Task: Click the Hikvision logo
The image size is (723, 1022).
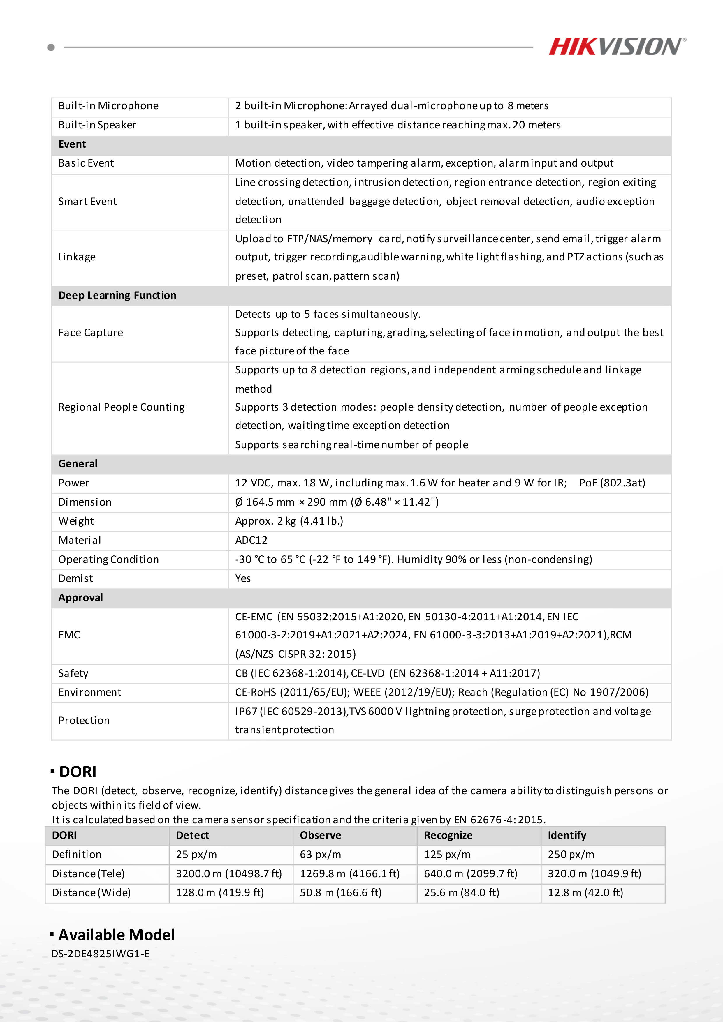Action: point(617,47)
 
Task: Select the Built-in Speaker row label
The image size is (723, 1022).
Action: point(97,125)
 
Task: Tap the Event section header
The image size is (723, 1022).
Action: point(72,144)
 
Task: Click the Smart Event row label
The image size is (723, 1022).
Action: point(87,202)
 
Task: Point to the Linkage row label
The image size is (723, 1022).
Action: point(77,257)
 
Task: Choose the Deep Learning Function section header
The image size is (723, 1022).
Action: point(117,296)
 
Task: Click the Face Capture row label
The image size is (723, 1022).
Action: point(90,333)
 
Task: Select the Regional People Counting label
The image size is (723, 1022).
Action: point(121,407)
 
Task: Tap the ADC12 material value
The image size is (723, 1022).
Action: point(251,540)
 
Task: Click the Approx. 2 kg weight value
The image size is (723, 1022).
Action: point(289,521)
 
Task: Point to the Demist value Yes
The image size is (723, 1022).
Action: point(243,579)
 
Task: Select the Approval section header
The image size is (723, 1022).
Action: point(81,598)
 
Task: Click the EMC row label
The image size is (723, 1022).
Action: point(69,635)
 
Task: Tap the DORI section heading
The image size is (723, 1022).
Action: point(78,772)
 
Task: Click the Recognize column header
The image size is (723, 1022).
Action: point(448,836)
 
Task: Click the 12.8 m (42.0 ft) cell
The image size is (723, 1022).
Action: point(585,893)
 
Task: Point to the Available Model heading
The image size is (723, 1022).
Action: point(117,935)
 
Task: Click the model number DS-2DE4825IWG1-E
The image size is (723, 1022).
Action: point(100,954)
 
